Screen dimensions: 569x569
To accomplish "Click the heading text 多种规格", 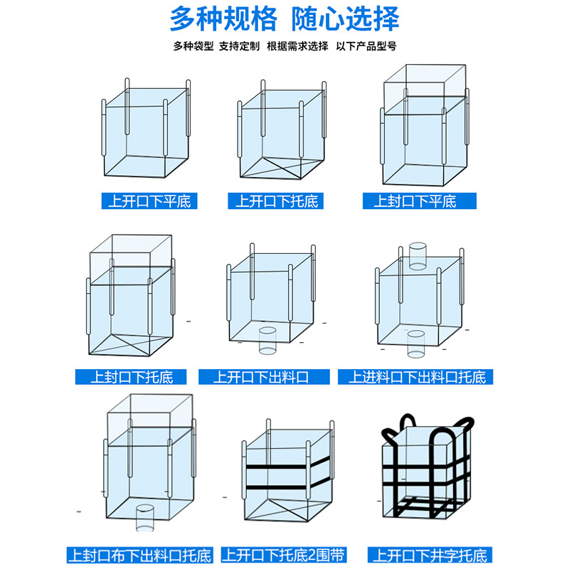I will click(223, 18).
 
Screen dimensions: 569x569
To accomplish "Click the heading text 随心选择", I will click(346, 18).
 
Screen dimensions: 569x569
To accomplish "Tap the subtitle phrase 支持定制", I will click(238, 46).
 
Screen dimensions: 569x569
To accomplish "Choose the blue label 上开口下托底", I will click(277, 201).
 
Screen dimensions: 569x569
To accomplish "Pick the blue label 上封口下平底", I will click(415, 201).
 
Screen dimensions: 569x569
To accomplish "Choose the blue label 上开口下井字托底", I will click(430, 554).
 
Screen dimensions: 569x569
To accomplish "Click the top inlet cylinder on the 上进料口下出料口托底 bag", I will click(418, 256).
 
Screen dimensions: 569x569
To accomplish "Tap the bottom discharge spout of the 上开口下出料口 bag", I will click(267, 339).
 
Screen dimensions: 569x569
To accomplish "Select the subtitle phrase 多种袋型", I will click(193, 46).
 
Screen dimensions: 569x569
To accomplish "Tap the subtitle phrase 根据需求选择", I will click(297, 46).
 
